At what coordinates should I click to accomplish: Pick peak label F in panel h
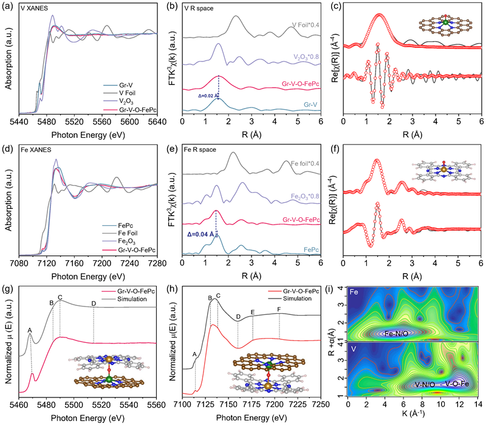pos(279,308)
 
